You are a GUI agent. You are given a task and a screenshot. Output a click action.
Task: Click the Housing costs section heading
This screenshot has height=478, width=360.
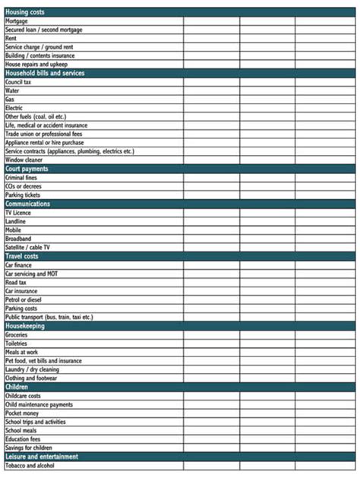26,13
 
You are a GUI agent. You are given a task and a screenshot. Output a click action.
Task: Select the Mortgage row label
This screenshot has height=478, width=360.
17,21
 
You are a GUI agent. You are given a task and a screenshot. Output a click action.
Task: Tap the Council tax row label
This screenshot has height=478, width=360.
18,82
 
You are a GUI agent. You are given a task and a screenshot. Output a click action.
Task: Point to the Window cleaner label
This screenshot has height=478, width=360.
24,160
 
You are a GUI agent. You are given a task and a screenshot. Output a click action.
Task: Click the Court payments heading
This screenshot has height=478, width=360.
27,169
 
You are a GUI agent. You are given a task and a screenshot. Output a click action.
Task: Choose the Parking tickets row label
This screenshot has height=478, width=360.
23,195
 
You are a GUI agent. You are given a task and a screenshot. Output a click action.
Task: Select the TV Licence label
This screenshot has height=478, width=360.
18,213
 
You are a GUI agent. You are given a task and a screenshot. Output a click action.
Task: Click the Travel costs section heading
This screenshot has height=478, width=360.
24,256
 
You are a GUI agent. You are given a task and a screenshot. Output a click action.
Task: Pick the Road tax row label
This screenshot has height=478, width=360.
16,282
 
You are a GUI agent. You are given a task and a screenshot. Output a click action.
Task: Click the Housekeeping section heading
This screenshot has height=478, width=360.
25,326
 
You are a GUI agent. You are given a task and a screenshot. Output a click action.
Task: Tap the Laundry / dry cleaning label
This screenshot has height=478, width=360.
31,369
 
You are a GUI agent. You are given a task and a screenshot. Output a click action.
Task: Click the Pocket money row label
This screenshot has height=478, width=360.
23,413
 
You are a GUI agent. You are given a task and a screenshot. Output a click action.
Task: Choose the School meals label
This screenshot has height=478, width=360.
22,430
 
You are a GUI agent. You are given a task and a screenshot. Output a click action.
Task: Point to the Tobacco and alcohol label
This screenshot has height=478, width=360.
31,465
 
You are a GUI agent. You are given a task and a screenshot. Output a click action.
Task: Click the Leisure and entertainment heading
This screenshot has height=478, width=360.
42,457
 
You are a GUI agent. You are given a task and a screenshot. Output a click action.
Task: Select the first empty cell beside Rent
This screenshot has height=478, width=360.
211,39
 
